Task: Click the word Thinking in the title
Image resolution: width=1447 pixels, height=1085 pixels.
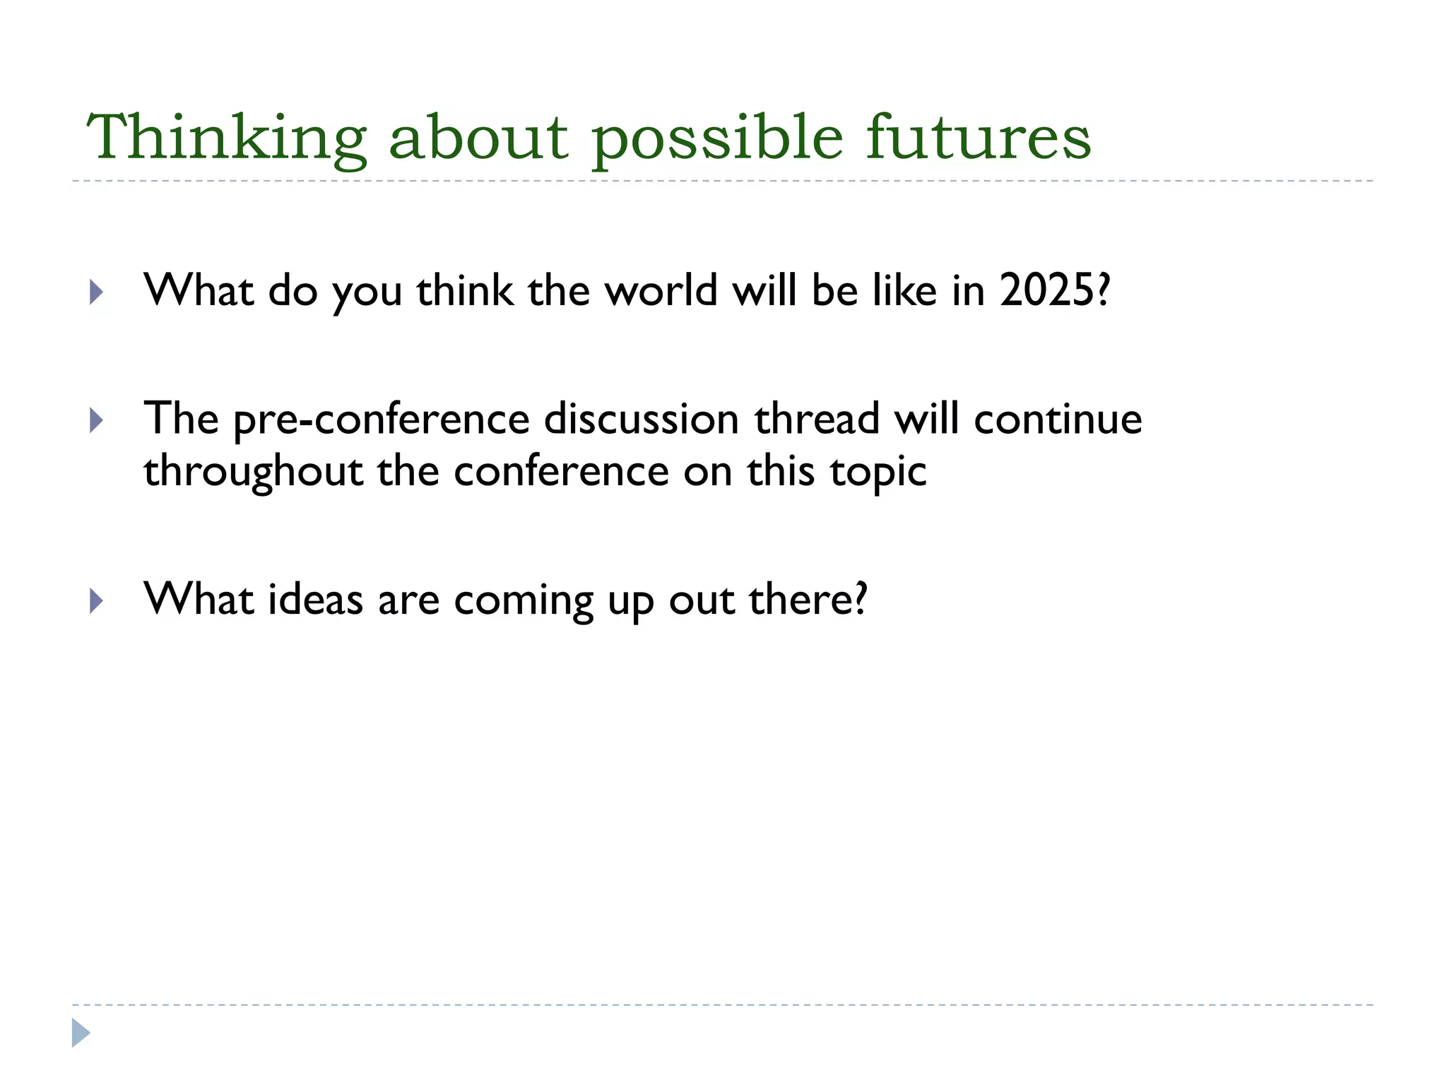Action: tap(226, 138)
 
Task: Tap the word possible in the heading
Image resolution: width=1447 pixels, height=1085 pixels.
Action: tap(717, 138)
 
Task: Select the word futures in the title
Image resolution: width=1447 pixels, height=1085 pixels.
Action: tap(979, 138)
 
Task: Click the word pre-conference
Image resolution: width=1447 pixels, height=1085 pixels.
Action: tap(382, 420)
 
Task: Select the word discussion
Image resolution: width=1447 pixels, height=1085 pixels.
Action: tap(641, 420)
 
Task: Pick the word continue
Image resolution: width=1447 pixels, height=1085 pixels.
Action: tap(1058, 420)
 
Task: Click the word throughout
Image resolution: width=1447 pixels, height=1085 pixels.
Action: tap(253, 472)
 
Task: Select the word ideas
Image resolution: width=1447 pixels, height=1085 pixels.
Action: tap(315, 600)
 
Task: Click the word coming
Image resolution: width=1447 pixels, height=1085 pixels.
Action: tap(524, 601)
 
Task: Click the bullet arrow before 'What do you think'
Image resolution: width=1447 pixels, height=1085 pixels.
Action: tap(97, 292)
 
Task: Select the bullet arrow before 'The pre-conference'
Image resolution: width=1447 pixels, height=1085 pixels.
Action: tap(97, 422)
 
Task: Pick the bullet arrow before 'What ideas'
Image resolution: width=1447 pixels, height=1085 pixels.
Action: tap(97, 602)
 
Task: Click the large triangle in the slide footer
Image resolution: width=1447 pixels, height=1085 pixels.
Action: tap(81, 1033)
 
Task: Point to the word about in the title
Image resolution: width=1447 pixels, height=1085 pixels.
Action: tap(478, 138)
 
